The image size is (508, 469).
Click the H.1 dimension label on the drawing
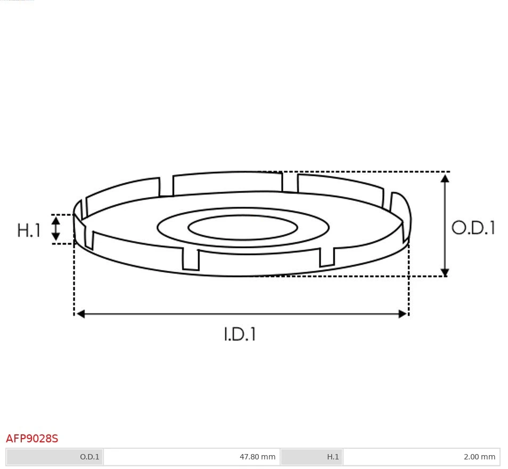point(29,230)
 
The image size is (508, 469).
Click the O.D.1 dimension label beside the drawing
point(473,228)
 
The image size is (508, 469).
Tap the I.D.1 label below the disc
point(240,334)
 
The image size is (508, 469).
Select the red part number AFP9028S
point(32,439)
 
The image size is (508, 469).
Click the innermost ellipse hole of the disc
point(243,228)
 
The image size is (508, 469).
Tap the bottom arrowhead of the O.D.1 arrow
point(445,272)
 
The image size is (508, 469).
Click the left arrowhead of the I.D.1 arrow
point(80,314)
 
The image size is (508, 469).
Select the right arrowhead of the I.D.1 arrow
point(403,314)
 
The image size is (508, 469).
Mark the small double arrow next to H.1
point(56,229)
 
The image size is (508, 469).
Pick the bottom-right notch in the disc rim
point(327,256)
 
